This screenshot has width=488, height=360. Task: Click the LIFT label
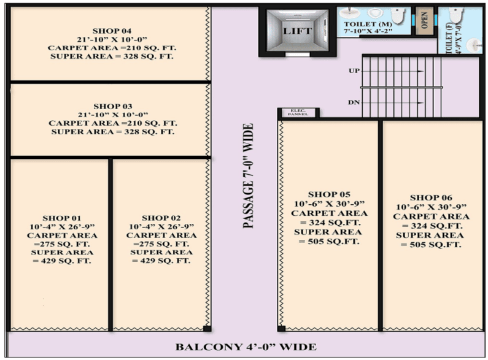297,31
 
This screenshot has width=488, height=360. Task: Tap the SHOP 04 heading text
112,31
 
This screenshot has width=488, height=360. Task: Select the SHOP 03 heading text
113,106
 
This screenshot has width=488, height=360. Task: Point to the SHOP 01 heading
61,218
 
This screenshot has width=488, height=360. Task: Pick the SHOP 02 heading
161,218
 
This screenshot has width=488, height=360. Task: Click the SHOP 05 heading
329,194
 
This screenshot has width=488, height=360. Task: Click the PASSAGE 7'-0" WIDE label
248,176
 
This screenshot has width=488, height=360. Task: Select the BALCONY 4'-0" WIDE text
246,347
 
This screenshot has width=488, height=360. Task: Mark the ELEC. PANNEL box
298,113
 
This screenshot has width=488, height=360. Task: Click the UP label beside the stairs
354,71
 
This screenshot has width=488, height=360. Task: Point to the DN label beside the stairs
354,102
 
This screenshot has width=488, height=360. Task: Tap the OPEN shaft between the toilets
425,20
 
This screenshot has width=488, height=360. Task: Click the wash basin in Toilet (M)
349,13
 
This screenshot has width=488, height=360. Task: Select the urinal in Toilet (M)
375,13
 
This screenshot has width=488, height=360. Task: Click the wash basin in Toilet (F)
474,45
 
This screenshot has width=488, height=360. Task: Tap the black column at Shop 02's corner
207,329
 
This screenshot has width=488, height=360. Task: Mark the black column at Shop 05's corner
281,329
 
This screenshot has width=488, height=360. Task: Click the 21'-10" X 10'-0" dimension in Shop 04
112,39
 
